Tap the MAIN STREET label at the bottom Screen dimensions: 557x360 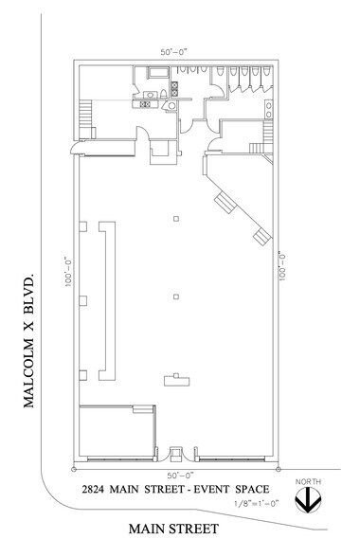tap(175, 529)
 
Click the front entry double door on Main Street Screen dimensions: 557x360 tap(176, 455)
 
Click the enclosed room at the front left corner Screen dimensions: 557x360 tap(116, 433)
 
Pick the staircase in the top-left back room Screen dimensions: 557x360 tap(86, 118)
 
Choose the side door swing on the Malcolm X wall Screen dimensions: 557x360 tap(75, 149)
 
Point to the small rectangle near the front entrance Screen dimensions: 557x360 tap(174, 381)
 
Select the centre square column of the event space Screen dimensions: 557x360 tap(176, 298)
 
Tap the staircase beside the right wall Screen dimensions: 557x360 tap(258, 143)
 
